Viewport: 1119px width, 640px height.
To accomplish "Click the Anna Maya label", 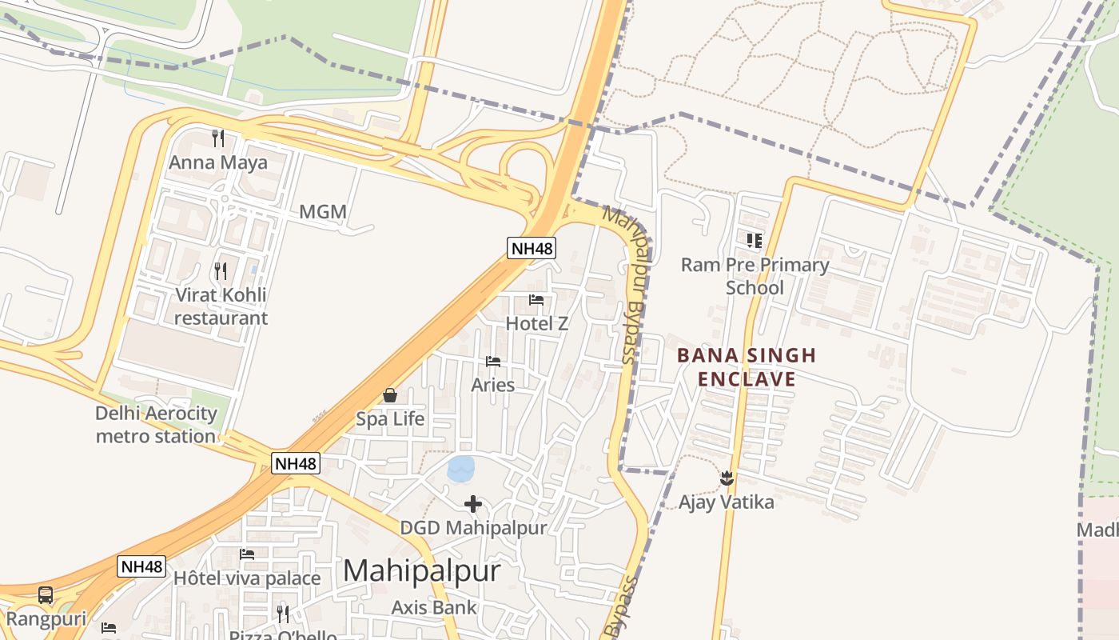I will pyautogui.click(x=217, y=162).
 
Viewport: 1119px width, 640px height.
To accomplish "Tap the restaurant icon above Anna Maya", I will pyautogui.click(x=217, y=138).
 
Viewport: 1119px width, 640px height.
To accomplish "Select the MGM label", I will pyautogui.click(x=323, y=212).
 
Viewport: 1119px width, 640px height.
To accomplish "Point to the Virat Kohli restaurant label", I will pyautogui.click(x=221, y=306).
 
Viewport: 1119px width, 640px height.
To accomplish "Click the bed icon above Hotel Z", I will pyautogui.click(x=536, y=300).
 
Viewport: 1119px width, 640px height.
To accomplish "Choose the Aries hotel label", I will pyautogui.click(x=493, y=385).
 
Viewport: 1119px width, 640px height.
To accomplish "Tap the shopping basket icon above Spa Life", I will pyautogui.click(x=390, y=395).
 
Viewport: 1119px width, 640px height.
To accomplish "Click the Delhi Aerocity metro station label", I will pyautogui.click(x=156, y=425).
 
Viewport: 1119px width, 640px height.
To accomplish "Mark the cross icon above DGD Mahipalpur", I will pyautogui.click(x=473, y=504).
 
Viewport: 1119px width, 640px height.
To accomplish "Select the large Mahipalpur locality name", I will pyautogui.click(x=422, y=571).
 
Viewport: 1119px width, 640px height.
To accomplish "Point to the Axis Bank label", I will pyautogui.click(x=434, y=607).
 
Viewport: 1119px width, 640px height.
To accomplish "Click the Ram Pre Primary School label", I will pyautogui.click(x=755, y=276).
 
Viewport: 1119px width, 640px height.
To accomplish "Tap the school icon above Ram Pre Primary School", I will pyautogui.click(x=755, y=240).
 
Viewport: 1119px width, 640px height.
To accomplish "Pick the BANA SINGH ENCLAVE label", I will pyautogui.click(x=747, y=367).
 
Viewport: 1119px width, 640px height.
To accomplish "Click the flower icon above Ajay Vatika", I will pyautogui.click(x=727, y=478).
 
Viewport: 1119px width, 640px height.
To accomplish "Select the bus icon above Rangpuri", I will pyautogui.click(x=46, y=595).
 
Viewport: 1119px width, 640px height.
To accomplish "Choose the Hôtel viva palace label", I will pyautogui.click(x=247, y=578).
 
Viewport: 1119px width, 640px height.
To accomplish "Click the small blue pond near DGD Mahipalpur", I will pyautogui.click(x=461, y=469).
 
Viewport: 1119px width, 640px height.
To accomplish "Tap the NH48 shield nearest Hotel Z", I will pyautogui.click(x=532, y=248).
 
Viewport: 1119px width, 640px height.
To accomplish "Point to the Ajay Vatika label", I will pyautogui.click(x=727, y=502).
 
